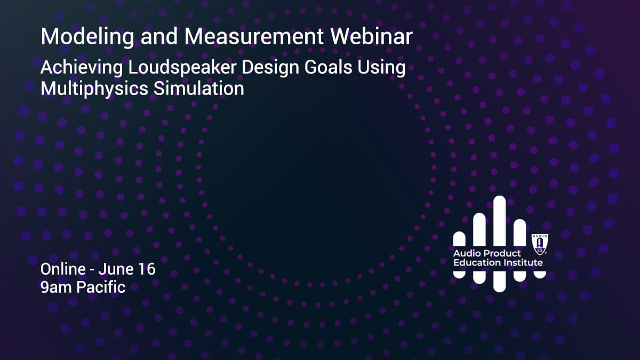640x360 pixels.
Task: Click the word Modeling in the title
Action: click(87, 37)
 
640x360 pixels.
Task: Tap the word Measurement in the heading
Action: click(254, 36)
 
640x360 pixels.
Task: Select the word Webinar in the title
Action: click(372, 36)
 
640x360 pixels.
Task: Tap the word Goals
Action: click(328, 67)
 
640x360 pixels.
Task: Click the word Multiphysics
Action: click(94, 89)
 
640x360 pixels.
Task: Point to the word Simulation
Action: click(199, 89)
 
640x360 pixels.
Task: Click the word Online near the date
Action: click(63, 269)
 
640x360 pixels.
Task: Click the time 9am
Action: click(55, 287)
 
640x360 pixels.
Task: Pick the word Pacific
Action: click(101, 287)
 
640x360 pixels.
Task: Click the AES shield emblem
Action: click(540, 244)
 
